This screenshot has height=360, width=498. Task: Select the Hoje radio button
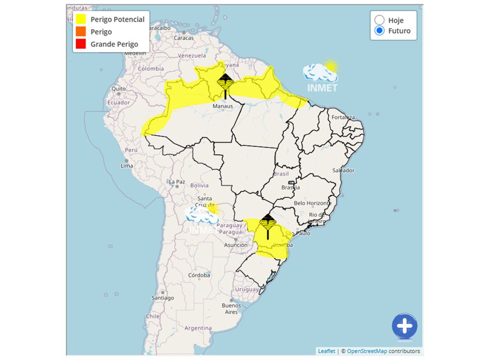coord(379,20)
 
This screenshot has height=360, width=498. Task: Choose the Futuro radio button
coord(379,31)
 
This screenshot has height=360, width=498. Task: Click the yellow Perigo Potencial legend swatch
coord(81,19)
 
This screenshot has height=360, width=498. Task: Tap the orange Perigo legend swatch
coord(81,32)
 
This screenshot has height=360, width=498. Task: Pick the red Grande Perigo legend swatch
coord(81,44)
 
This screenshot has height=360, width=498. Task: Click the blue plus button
coord(405,325)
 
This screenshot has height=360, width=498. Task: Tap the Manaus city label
coord(222,106)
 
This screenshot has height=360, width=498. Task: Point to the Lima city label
coord(126,166)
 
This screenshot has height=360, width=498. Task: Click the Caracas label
coord(184,38)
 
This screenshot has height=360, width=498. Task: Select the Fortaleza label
coord(343,117)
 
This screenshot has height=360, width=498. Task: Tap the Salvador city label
coord(343,170)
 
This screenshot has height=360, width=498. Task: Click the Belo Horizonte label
coord(313,203)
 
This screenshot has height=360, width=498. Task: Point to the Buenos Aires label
coord(231,308)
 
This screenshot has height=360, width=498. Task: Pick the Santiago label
coord(162,298)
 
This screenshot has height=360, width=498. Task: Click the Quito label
coord(119,89)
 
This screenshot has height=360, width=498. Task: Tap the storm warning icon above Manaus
coord(225,82)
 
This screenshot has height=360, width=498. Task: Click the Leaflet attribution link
coord(326,351)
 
